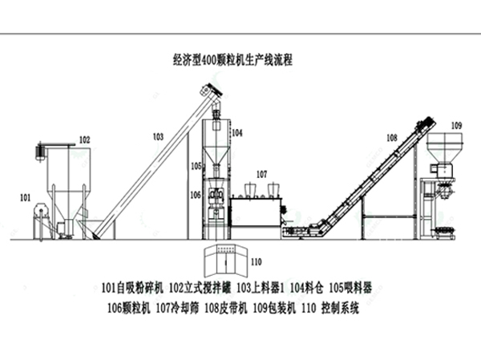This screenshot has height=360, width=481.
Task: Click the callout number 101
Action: click(x=25, y=196)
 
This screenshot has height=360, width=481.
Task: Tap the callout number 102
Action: click(x=83, y=140)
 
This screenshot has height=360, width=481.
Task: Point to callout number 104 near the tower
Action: click(x=237, y=131)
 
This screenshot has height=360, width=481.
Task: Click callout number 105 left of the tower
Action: click(x=196, y=166)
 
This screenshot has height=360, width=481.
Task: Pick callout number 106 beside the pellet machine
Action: click(x=196, y=194)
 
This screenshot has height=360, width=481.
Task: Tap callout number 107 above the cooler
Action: click(x=261, y=173)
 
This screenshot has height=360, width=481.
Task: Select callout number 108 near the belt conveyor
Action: click(x=391, y=138)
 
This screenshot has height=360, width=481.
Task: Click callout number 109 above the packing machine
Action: click(x=456, y=125)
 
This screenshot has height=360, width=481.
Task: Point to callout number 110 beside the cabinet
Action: click(x=257, y=261)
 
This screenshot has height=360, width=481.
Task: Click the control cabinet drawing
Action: click(x=224, y=260)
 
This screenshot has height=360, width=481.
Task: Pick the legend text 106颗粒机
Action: click(x=129, y=305)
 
